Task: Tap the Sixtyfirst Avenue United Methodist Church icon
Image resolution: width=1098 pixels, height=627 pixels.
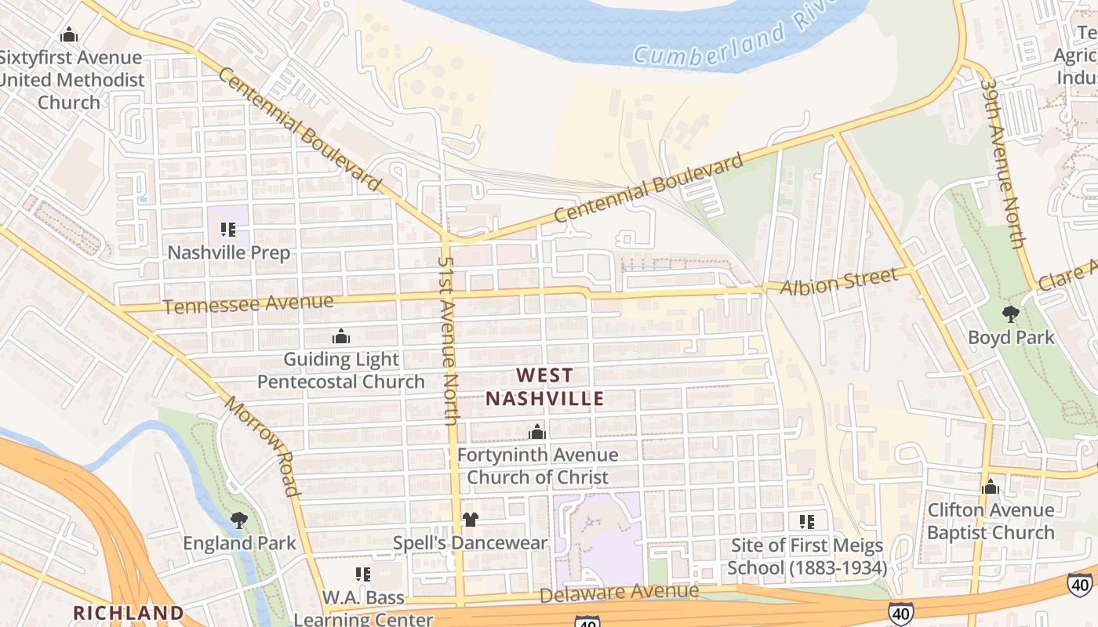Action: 69,35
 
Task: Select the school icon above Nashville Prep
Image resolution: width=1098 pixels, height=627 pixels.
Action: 228,230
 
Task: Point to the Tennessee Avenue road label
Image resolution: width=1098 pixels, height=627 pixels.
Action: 248,303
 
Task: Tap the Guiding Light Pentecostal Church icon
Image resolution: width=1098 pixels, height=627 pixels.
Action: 341,336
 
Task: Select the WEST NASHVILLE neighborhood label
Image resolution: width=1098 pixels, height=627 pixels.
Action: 544,387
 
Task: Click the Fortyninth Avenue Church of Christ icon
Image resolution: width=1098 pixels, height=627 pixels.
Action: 537,432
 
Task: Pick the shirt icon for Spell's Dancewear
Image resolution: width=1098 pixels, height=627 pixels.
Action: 470,520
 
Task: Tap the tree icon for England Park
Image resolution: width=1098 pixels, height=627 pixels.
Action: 239,520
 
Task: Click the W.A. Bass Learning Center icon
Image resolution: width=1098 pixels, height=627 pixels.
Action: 362,574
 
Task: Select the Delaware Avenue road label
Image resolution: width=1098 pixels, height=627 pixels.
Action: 619,593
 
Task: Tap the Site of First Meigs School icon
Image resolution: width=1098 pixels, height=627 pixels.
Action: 806,522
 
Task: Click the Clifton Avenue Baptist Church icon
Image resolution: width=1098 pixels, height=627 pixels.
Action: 991,487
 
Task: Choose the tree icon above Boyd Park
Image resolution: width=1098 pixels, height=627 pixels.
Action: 1010,314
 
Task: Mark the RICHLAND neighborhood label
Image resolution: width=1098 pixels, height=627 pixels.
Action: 129,612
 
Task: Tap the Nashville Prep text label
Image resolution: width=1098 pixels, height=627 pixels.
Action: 229,252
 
